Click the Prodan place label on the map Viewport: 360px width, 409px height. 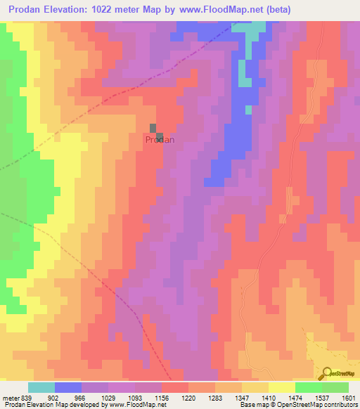click(x=160, y=140)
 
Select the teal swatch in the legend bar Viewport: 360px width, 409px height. click(x=41, y=387)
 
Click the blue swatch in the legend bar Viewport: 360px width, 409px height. click(x=68, y=387)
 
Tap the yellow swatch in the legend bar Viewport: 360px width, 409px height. click(x=281, y=387)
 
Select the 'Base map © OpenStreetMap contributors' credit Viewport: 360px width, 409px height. click(x=300, y=405)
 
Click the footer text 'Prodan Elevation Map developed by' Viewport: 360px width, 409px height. click(x=49, y=405)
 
